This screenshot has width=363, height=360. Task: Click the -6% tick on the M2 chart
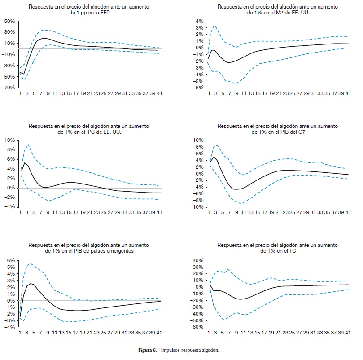point(199,88)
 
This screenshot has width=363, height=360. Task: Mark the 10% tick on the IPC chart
point(9,140)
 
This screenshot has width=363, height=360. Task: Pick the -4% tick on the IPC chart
point(10,207)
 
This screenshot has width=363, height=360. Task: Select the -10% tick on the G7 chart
point(198,207)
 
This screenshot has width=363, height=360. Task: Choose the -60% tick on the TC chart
point(198,327)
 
